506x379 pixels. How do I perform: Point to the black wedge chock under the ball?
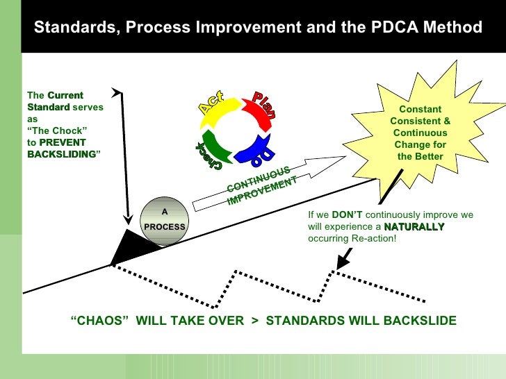132,246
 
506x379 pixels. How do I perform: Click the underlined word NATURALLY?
414,227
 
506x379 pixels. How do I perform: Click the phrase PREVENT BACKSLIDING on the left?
62,148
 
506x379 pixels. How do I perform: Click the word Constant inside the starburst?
420,109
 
